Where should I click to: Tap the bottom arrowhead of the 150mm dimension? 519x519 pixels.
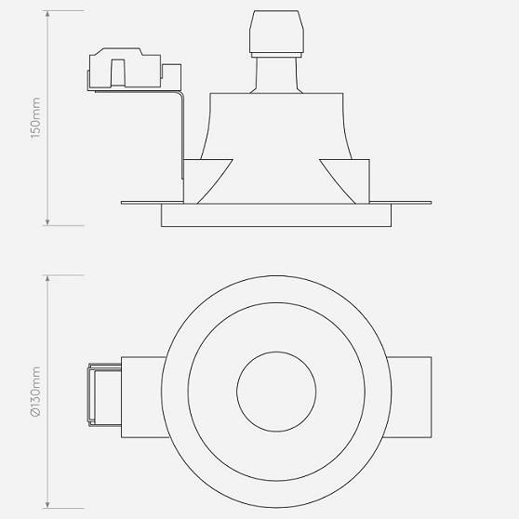[x=47, y=222]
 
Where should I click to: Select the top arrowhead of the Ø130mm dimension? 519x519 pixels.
[x=47, y=277]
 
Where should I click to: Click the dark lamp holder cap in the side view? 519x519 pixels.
[x=277, y=34]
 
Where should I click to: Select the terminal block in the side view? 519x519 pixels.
[x=130, y=71]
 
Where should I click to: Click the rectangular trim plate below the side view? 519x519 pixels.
[x=276, y=216]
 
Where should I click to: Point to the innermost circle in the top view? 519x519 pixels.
[x=276, y=392]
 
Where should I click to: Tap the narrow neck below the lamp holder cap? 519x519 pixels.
[x=277, y=74]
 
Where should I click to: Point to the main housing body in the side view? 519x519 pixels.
[x=277, y=140]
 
